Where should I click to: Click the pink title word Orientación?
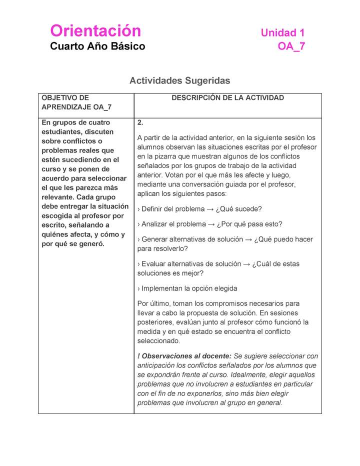95,31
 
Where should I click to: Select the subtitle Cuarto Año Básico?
97,46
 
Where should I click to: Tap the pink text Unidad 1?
282,33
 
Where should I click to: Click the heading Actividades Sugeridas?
179,80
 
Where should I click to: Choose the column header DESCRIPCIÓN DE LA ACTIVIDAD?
227,98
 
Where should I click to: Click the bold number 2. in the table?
140,123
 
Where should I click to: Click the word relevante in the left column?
58,197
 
